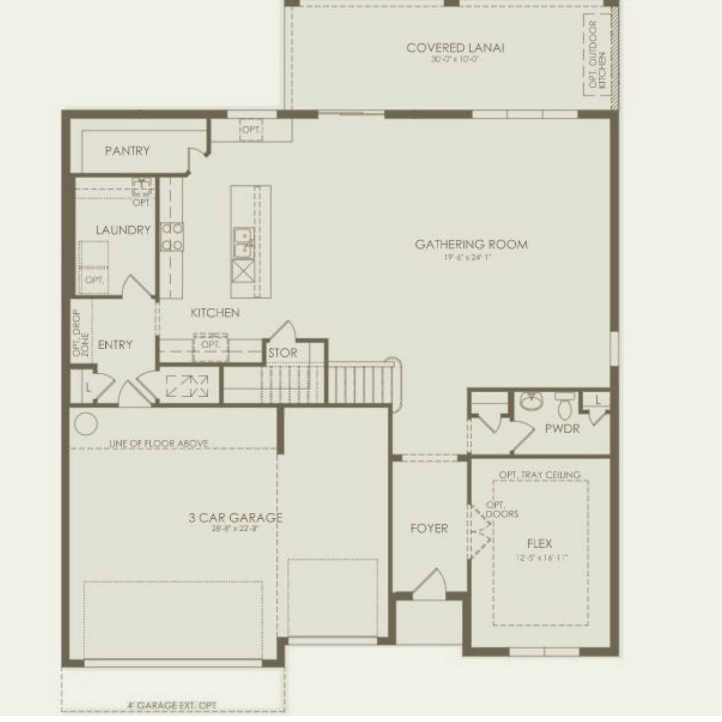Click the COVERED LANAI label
tap(455, 48)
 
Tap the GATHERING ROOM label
tap(471, 244)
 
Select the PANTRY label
tap(127, 151)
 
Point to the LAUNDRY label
tap(123, 230)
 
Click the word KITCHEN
tap(215, 313)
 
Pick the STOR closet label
tap(282, 353)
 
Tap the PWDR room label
tap(562, 429)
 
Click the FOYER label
tap(429, 529)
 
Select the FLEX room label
tap(539, 544)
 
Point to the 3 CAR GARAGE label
tap(235, 517)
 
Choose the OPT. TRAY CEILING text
tap(539, 475)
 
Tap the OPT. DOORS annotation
tap(501, 509)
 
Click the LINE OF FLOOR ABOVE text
tap(158, 444)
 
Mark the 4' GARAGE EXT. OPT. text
tap(172, 705)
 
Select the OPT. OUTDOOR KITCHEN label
tap(597, 55)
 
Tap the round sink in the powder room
tap(530, 401)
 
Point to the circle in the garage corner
tap(86, 424)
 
